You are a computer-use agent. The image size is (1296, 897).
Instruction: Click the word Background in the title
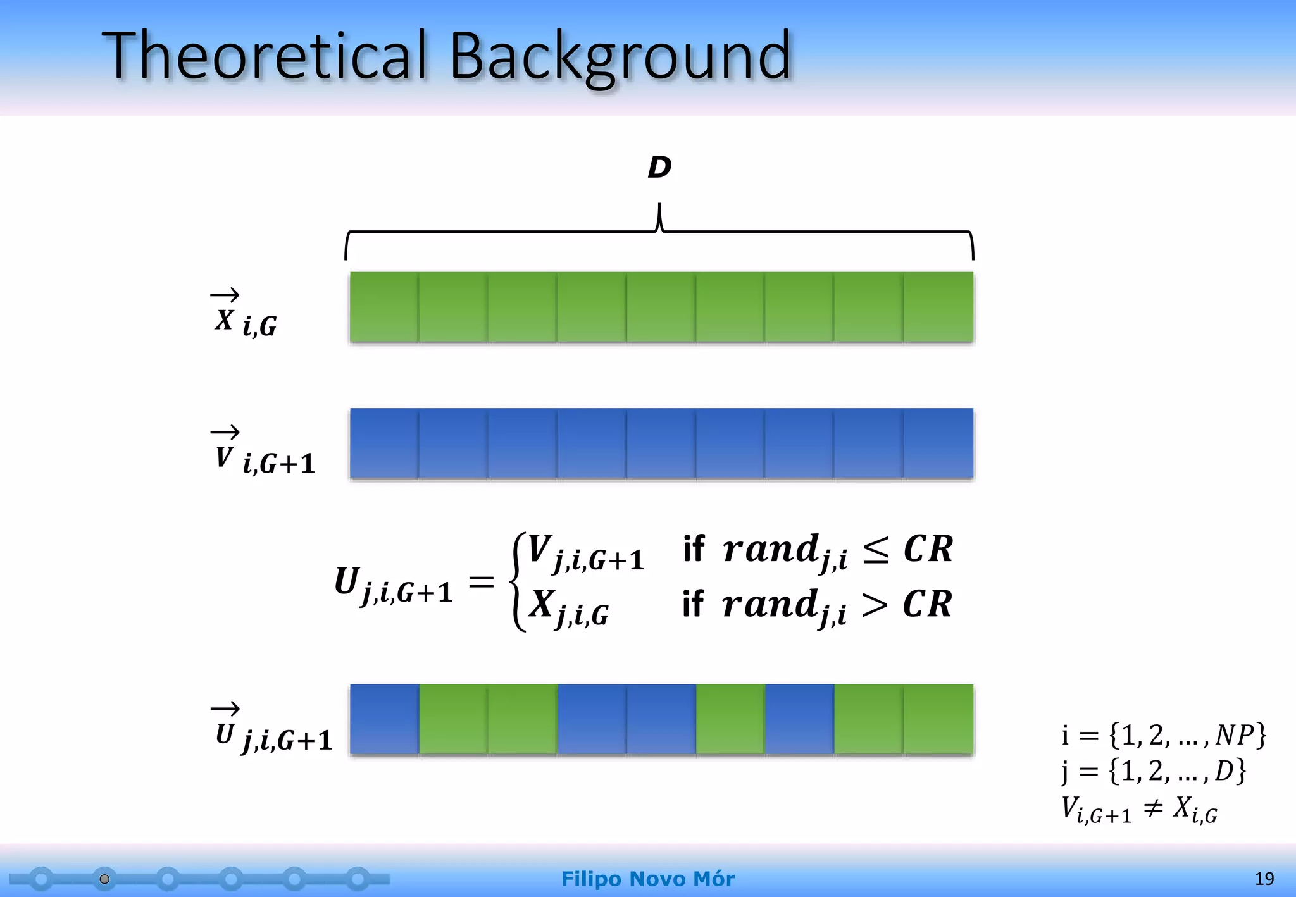point(620,57)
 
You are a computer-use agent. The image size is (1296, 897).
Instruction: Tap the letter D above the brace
point(659,168)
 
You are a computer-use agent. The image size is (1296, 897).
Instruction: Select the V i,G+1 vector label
point(263,452)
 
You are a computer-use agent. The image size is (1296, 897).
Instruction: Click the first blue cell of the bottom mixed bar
point(384,719)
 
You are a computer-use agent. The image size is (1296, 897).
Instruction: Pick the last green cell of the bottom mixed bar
point(938,719)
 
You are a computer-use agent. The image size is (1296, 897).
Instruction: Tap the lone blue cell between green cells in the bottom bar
point(799,719)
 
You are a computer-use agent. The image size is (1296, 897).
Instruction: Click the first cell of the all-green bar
point(384,307)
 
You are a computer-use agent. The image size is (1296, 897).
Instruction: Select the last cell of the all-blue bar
point(938,443)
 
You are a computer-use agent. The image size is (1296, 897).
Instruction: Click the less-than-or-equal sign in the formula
point(876,549)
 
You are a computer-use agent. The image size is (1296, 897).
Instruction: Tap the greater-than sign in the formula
point(875,605)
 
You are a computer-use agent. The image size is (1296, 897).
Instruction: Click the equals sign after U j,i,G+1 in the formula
point(481,581)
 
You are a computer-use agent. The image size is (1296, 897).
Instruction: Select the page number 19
point(1264,879)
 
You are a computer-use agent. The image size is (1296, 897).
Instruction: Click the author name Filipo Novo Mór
point(647,879)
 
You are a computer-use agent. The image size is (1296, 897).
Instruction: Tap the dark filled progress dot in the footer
point(105,879)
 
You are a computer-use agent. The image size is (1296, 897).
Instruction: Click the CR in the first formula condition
point(928,548)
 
